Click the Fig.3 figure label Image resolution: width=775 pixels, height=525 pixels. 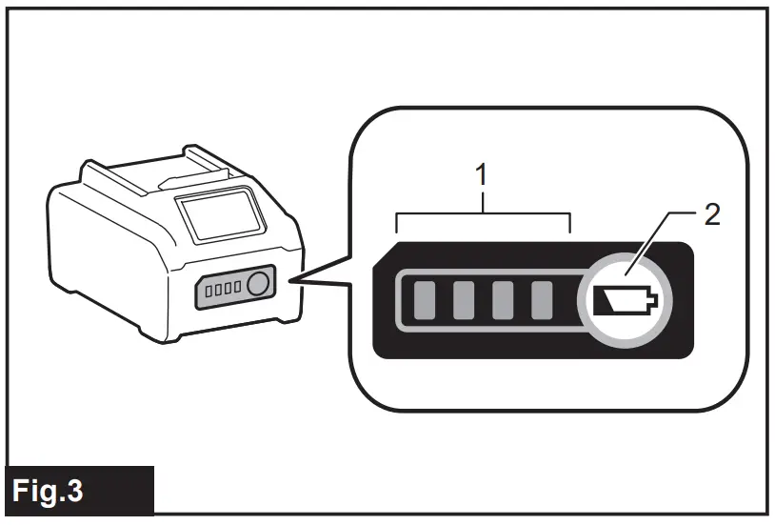(x=48, y=492)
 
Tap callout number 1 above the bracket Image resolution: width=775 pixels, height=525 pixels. (x=483, y=174)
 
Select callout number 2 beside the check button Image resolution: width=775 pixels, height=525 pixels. (x=710, y=212)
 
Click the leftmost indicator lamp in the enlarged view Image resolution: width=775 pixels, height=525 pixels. (x=422, y=302)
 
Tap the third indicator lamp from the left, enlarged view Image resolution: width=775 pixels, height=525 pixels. (x=502, y=302)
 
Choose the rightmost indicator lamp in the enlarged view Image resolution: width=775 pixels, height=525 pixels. (x=541, y=302)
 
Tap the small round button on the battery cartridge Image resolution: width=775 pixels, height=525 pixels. (x=257, y=285)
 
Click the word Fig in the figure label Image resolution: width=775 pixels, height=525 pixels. (x=33, y=492)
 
